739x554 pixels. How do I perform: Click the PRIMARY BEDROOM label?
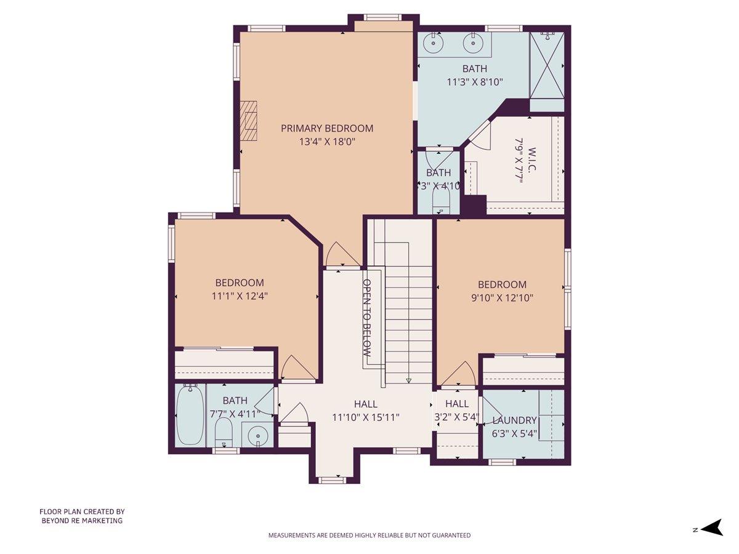(327, 128)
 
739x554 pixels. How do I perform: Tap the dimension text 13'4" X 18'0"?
(327, 142)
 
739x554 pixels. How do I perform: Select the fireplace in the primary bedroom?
(249, 121)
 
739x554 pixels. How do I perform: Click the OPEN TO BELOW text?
(366, 319)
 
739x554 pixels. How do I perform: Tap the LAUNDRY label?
(515, 420)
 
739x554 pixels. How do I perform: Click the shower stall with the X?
(547, 65)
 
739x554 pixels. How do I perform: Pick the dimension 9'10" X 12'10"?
(502, 297)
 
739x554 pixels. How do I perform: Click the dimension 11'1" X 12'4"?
(240, 295)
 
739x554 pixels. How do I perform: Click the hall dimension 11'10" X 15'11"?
(366, 417)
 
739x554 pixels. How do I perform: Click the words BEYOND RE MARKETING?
(82, 520)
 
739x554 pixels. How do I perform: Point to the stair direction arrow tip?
(408, 380)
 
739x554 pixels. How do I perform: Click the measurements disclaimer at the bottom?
(369, 535)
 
